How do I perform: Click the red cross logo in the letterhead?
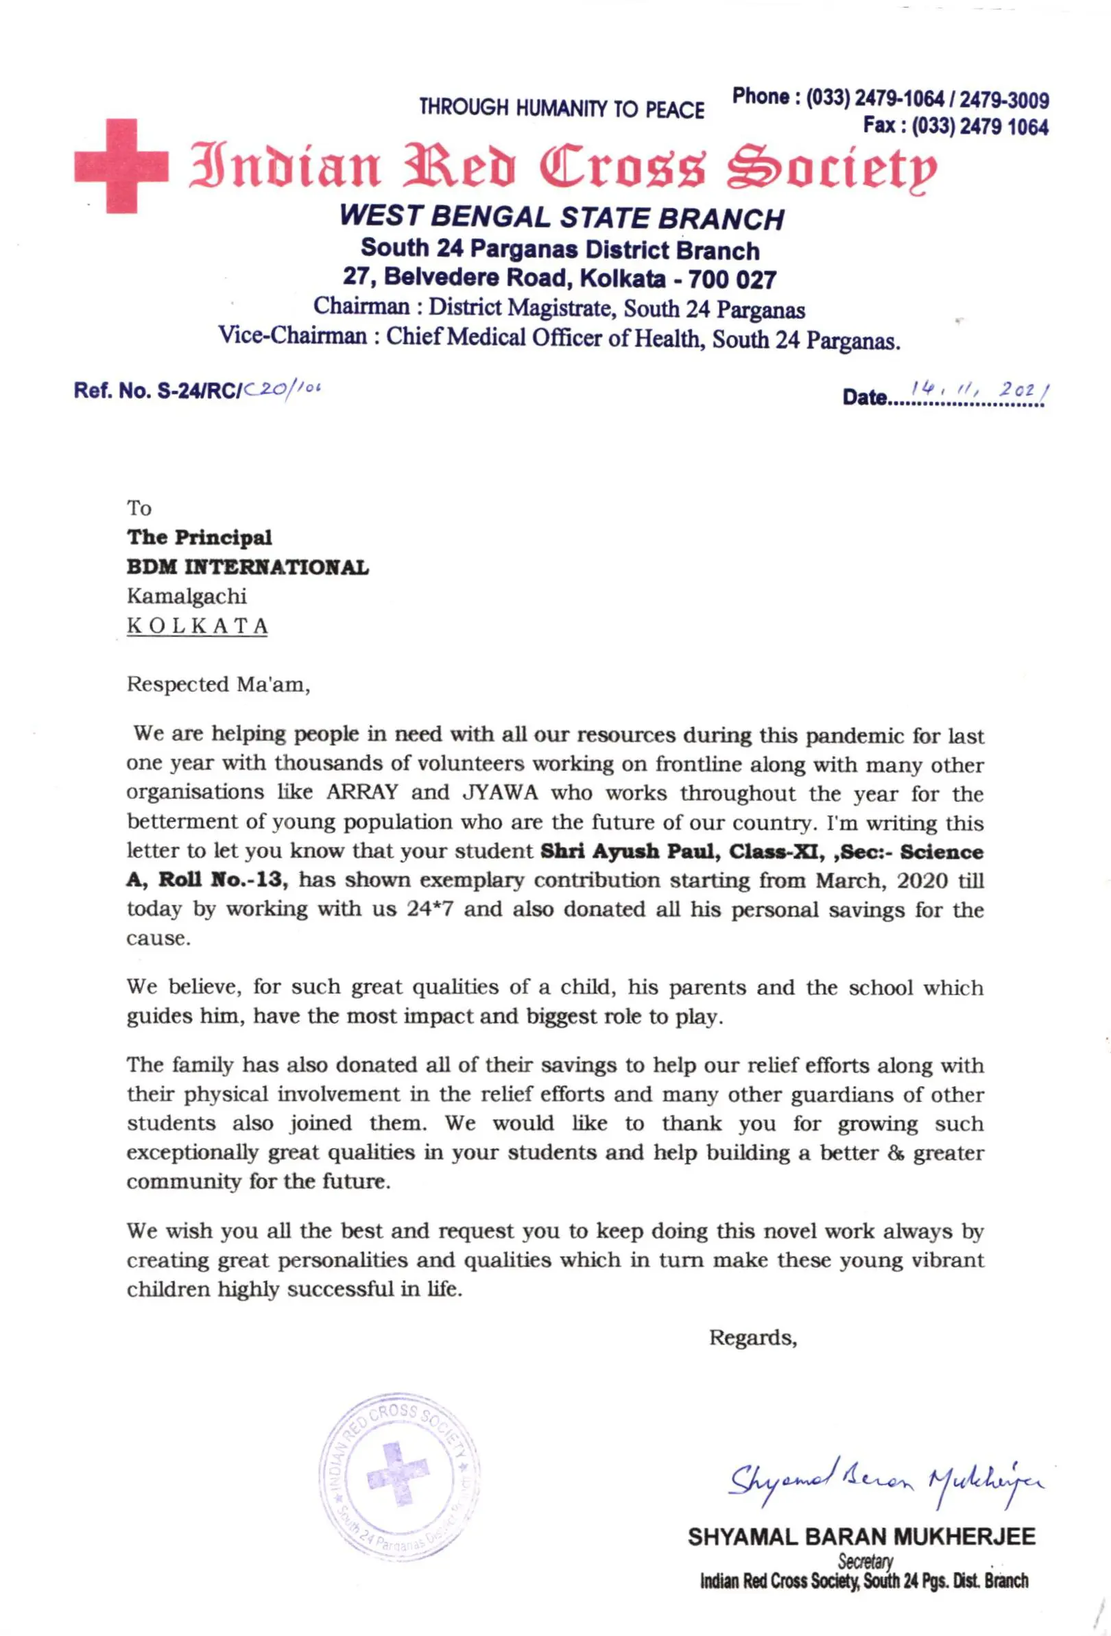tap(121, 165)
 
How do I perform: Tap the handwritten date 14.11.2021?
tap(979, 389)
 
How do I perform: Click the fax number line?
tap(955, 127)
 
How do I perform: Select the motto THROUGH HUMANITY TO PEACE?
tap(561, 108)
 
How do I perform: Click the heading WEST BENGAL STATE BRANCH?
tap(561, 217)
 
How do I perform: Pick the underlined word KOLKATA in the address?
tap(197, 626)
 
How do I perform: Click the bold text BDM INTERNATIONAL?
tap(247, 568)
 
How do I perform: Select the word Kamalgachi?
tap(187, 597)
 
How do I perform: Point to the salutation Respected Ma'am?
tap(218, 684)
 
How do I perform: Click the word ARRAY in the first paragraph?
tap(362, 793)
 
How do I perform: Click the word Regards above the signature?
tap(752, 1338)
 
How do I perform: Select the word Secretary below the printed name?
tap(865, 1561)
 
